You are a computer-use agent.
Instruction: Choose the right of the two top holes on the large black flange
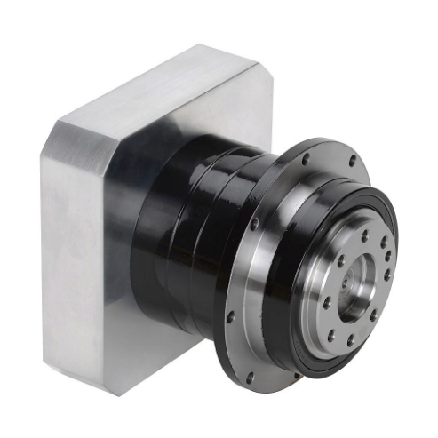point(353,163)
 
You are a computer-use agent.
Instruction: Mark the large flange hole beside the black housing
point(254,226)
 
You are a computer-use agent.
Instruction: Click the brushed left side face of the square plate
point(71,258)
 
